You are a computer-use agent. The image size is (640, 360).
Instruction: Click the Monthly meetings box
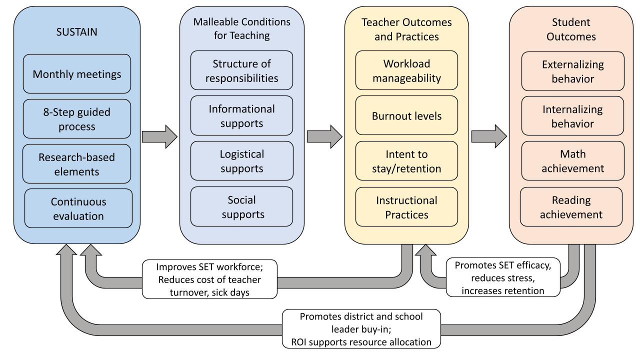click(77, 74)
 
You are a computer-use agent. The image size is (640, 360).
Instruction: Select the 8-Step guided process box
click(77, 118)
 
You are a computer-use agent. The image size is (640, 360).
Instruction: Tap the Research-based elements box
click(77, 164)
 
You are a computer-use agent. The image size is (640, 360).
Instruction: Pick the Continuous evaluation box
click(78, 208)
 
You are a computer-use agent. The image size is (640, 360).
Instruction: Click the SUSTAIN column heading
click(76, 32)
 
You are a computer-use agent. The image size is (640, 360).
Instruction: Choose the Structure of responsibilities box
click(241, 70)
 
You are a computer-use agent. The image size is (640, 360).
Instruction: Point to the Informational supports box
click(241, 115)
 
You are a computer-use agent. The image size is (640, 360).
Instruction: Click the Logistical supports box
click(241, 161)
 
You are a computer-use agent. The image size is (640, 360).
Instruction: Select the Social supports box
click(241, 206)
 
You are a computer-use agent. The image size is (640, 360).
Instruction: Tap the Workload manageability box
click(406, 70)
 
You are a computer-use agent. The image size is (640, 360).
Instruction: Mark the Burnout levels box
click(406, 115)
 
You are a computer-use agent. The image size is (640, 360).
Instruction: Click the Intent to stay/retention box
click(406, 161)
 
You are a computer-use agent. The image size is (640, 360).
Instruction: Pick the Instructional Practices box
click(406, 207)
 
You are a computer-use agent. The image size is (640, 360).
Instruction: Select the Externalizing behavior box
click(572, 71)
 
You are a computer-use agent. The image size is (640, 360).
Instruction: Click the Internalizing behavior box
click(572, 116)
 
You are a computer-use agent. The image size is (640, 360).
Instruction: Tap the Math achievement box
click(572, 161)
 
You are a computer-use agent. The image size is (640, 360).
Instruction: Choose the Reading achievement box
click(571, 207)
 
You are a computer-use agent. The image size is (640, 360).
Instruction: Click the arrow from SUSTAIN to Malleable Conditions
click(159, 136)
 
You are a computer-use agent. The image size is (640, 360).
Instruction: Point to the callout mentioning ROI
click(361, 329)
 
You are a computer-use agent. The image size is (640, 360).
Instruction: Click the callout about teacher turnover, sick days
click(209, 279)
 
